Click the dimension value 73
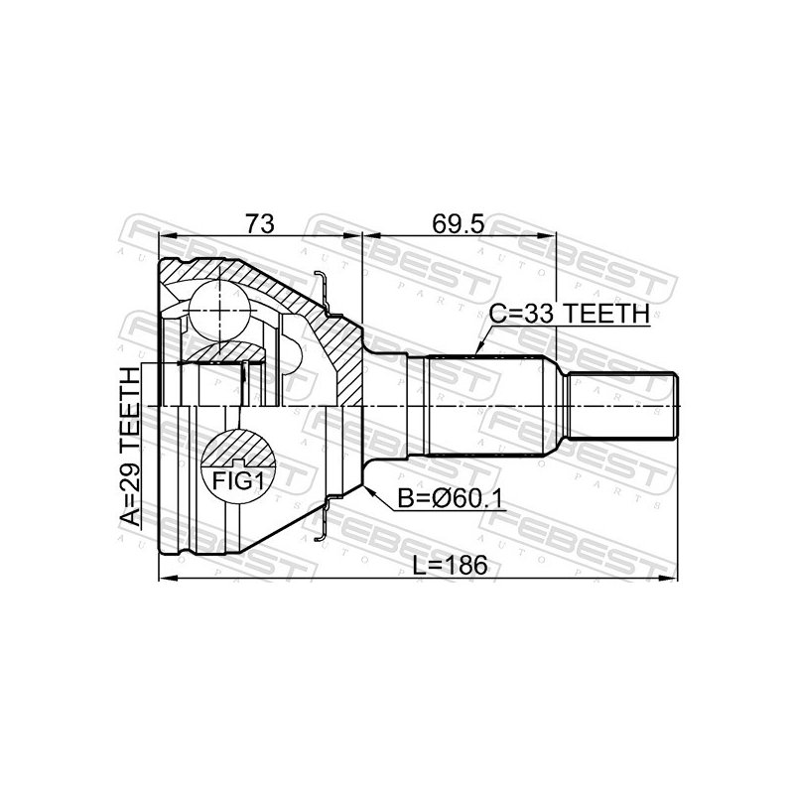(259, 223)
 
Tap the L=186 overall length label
(450, 565)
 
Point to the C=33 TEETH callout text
(569, 314)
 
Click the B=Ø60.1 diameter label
(451, 499)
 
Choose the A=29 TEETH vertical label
(130, 447)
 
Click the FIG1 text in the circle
(238, 480)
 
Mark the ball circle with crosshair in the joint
(219, 311)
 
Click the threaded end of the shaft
(622, 406)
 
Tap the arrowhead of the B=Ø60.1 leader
(368, 490)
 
